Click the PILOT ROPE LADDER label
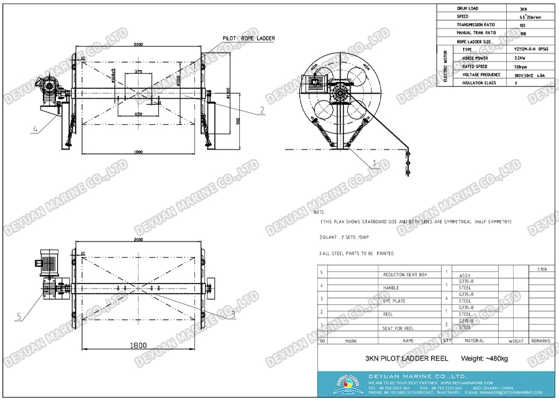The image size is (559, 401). (248, 38)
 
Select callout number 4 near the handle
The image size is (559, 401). (35, 129)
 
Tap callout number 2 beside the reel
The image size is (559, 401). (262, 110)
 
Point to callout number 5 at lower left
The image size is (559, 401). (19, 317)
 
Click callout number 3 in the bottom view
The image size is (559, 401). (233, 314)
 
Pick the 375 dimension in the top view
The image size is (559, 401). (138, 73)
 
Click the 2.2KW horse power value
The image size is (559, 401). (522, 58)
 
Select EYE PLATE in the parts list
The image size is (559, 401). (394, 300)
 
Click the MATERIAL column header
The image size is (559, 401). (475, 341)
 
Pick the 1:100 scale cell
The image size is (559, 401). (542, 269)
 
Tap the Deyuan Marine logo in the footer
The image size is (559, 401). (345, 383)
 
